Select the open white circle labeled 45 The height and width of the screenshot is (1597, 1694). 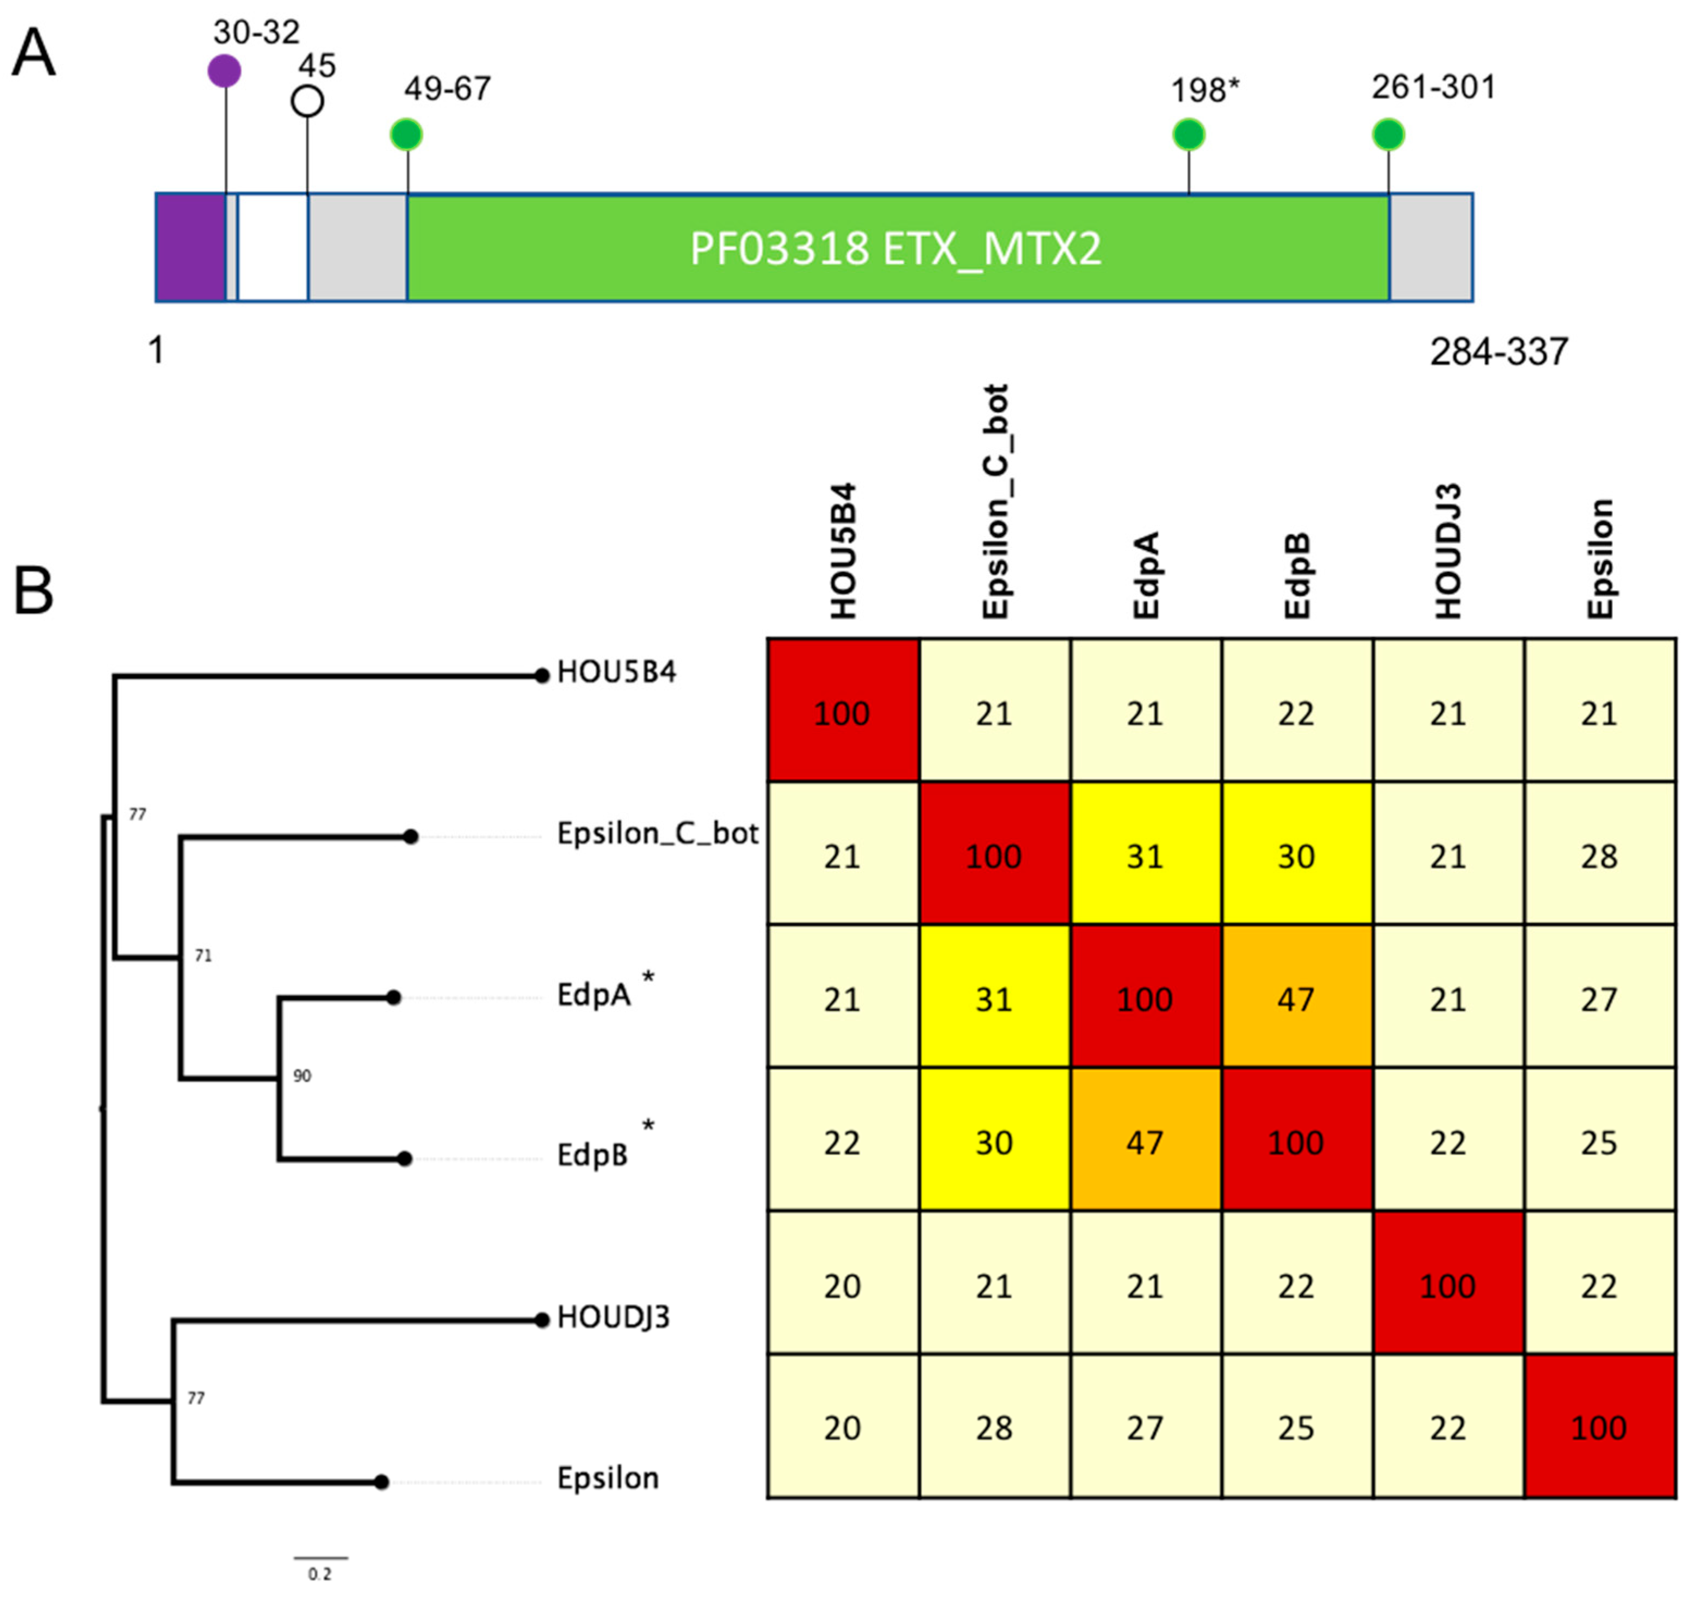[307, 101]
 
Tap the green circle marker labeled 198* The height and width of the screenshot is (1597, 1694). [1189, 134]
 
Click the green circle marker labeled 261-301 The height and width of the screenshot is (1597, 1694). [1389, 134]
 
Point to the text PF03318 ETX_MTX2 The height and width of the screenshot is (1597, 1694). [895, 249]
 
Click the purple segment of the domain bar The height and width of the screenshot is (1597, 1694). [190, 247]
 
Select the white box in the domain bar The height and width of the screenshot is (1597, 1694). [273, 247]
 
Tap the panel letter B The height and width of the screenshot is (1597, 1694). [34, 590]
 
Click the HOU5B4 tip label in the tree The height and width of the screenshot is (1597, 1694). [616, 673]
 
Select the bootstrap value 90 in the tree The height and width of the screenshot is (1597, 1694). [302, 1076]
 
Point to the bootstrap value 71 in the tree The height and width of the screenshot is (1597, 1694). [203, 956]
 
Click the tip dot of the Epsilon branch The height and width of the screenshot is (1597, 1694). [382, 1483]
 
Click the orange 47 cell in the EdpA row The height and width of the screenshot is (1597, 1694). [1296, 999]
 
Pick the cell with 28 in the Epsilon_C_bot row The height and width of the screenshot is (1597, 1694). [1599, 856]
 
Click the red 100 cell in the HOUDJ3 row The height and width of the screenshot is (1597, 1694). [1447, 1285]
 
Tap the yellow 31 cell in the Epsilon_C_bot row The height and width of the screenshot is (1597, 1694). [1145, 856]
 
